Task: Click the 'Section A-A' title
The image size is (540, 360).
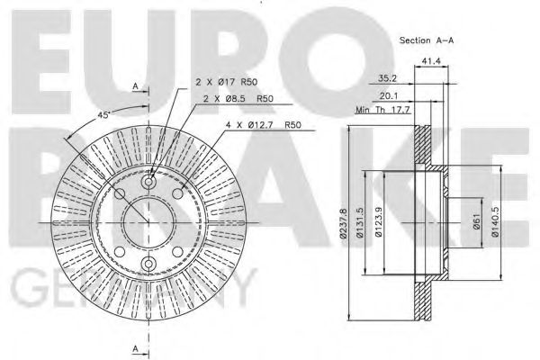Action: (x=427, y=41)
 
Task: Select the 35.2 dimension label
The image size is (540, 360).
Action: (x=388, y=78)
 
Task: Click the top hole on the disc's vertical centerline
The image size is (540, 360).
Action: (x=149, y=173)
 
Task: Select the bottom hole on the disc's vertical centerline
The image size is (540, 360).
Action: (x=149, y=264)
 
